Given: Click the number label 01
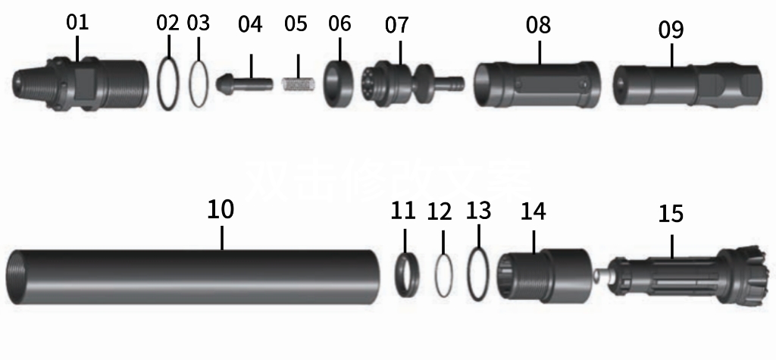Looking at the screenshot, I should (x=77, y=22).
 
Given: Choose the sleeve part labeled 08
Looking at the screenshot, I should (x=537, y=83).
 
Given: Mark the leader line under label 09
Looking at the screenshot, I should (x=671, y=54).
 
